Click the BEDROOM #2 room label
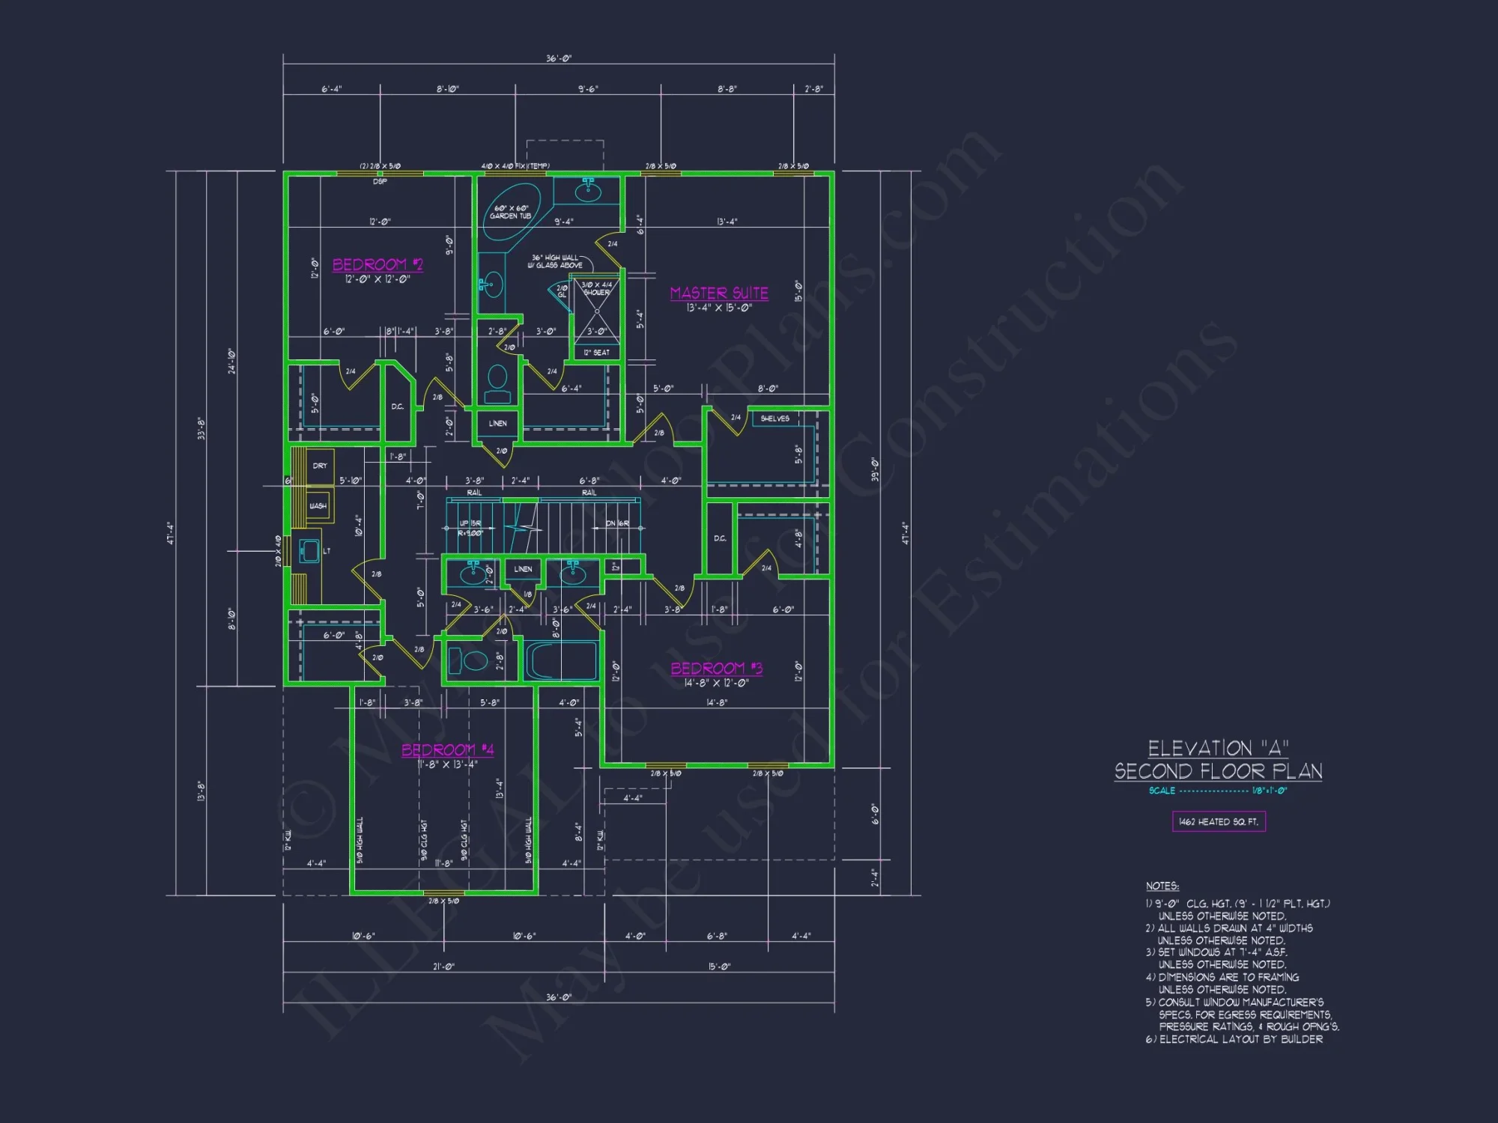coord(377,264)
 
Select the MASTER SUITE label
coord(719,293)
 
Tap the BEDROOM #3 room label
coord(716,668)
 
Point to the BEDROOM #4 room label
coord(447,749)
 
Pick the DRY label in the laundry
coord(320,466)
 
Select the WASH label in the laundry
coord(318,506)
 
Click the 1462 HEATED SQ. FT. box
coord(1219,821)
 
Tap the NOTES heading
coord(1162,886)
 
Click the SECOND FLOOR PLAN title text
coord(1218,771)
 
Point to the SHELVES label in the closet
coord(774,419)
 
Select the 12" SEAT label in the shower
coord(597,353)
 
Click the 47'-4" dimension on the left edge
coord(171,533)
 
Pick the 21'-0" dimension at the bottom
coord(443,967)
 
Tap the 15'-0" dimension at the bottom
coord(719,967)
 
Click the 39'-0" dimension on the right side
coord(873,469)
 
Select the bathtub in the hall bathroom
coord(561,660)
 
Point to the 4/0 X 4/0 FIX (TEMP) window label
coord(515,165)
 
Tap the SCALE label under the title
coord(1162,791)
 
